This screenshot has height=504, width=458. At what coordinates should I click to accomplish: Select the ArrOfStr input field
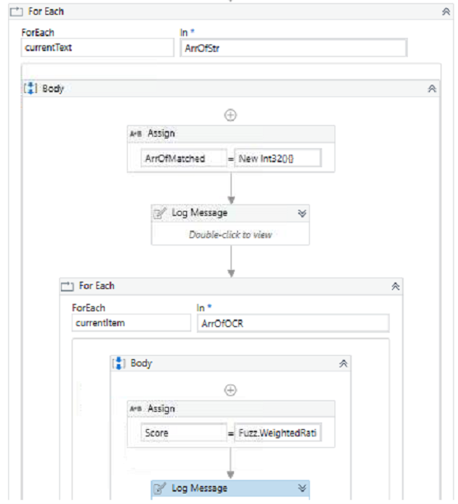pos(293,48)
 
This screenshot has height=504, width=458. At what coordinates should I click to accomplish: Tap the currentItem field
pos(131,323)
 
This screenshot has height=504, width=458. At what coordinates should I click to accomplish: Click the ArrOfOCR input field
pos(292,323)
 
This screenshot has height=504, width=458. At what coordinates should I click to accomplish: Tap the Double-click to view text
pos(230,234)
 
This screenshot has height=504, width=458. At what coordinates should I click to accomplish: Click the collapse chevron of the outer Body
pos(432,88)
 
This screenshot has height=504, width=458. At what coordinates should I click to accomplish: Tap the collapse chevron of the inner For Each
pos(395,286)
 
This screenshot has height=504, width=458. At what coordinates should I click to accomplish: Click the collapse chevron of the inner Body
pos(343,362)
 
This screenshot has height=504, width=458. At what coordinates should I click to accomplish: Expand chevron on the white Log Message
pos(301,212)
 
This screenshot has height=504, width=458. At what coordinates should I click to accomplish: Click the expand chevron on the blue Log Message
pos(301,488)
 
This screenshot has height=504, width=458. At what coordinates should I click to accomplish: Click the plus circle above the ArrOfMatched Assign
pos(231,115)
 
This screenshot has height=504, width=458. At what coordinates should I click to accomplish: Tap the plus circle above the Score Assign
pos(231,390)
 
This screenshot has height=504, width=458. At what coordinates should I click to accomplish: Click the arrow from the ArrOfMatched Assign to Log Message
pos(231,188)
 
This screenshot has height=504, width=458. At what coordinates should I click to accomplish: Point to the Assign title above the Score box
pos(161,408)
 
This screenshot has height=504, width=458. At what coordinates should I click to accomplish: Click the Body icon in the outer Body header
pos(30,88)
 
